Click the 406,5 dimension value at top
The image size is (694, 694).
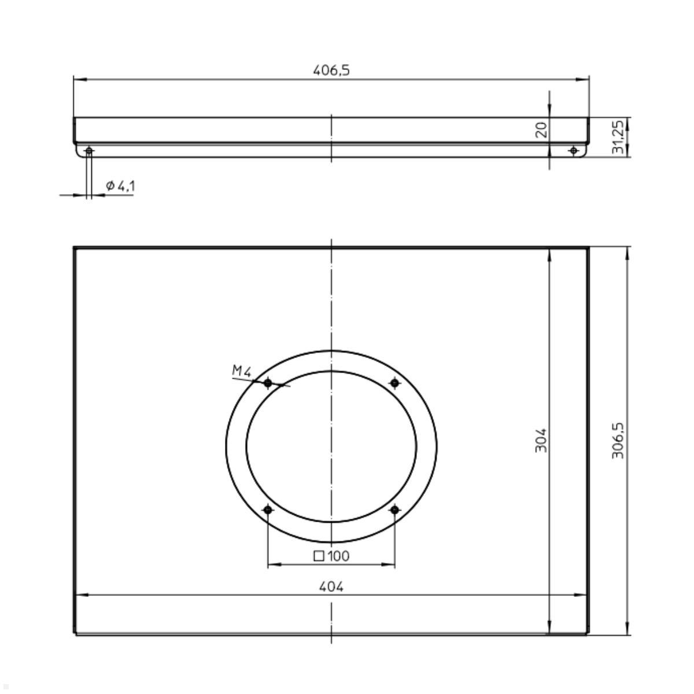331,71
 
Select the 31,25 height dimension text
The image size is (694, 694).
618,137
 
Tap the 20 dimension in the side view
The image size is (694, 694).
541,130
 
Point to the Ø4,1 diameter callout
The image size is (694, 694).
121,186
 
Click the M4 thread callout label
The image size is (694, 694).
242,371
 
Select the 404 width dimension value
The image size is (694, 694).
331,586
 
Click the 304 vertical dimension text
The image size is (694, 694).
541,441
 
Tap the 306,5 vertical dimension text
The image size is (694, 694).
618,441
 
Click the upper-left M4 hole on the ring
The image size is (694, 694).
268,383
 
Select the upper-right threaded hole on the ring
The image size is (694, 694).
395,383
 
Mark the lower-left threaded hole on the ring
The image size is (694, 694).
268,510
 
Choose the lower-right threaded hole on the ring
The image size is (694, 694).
395,510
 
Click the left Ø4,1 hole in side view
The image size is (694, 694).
88,151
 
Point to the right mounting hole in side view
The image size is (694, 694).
573,151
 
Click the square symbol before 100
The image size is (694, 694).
319,556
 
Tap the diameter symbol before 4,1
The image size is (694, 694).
110,186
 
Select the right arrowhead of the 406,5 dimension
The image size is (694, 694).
584,79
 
